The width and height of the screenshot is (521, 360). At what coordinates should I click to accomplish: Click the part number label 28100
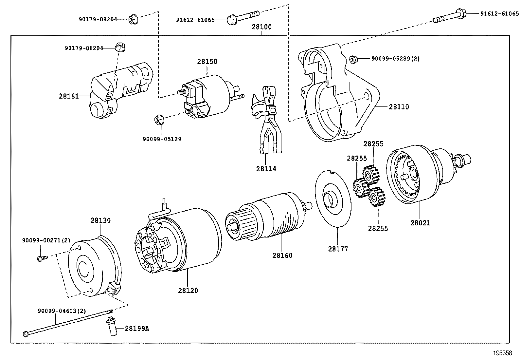click(261, 27)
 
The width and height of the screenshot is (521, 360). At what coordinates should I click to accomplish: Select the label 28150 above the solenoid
click(207, 62)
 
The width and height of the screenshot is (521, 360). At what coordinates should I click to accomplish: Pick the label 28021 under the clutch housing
click(420, 223)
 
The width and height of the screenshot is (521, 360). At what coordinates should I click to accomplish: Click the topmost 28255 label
click(373, 144)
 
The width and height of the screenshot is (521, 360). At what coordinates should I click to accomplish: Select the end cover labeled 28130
click(93, 267)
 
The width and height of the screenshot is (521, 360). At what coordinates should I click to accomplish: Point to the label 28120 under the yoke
click(188, 290)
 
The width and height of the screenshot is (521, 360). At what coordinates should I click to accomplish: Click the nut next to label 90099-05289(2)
click(353, 59)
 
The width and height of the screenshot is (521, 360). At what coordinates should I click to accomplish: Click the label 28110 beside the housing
click(399, 107)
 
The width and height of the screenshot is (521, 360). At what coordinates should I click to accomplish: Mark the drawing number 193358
click(503, 353)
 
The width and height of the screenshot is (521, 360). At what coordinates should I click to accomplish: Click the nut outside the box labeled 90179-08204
click(133, 20)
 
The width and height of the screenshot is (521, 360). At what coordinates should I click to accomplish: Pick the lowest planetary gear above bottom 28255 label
click(377, 197)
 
